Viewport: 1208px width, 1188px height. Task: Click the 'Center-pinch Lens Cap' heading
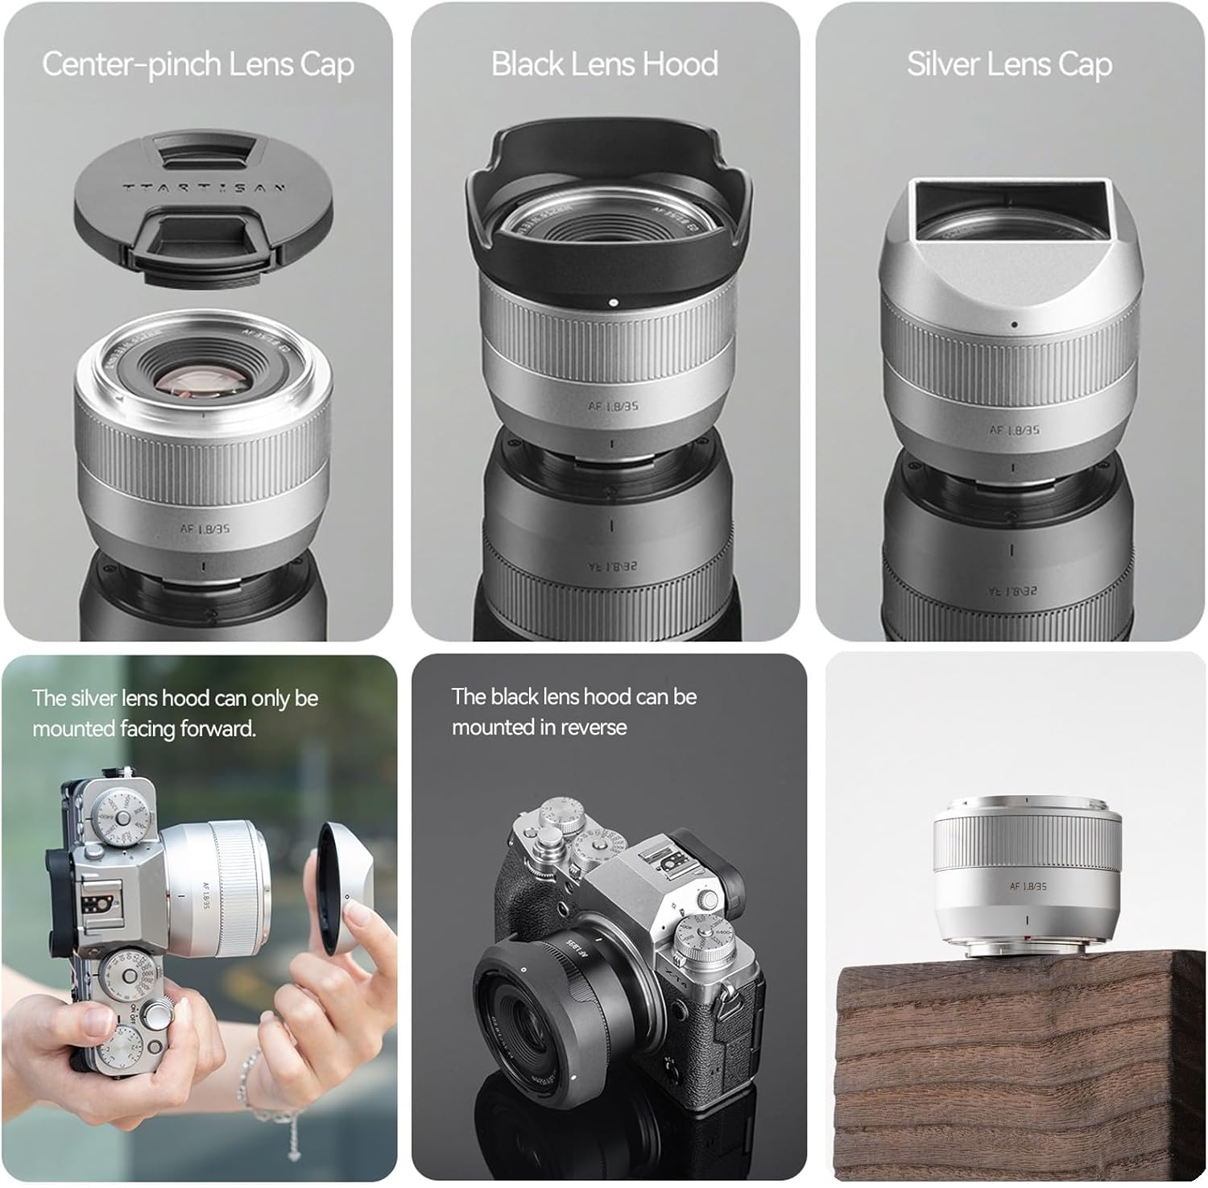(x=197, y=64)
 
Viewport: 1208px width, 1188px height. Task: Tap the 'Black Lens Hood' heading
(x=605, y=64)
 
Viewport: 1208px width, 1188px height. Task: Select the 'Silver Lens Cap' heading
(x=1009, y=64)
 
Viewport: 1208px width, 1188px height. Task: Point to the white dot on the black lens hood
(x=614, y=304)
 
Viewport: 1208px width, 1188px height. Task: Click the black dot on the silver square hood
(x=1015, y=325)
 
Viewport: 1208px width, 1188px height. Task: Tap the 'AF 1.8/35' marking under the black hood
(x=613, y=406)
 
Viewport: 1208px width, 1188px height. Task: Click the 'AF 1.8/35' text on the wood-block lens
(x=1028, y=886)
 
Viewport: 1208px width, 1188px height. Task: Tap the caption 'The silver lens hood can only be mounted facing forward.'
(x=176, y=713)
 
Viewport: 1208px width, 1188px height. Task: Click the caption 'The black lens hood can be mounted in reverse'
(x=573, y=711)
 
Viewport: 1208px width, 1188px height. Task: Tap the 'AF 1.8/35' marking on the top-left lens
(x=206, y=528)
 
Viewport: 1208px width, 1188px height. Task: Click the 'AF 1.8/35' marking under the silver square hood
(x=1015, y=429)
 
